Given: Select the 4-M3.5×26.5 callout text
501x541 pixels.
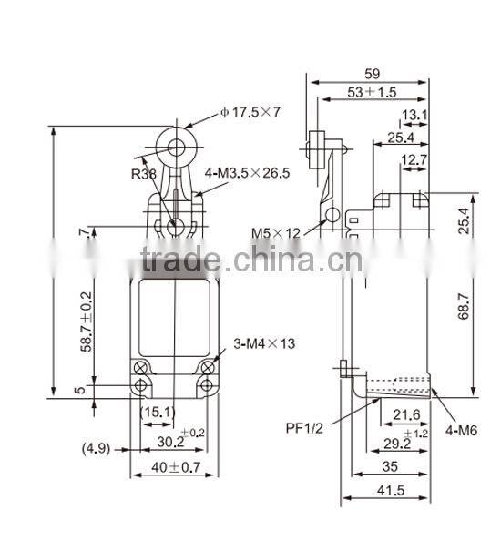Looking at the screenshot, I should click(248, 173).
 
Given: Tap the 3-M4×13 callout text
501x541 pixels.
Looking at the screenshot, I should click(265, 343).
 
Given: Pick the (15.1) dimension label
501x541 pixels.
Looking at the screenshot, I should click(158, 411).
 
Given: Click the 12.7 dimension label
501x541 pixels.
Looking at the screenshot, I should click(413, 161).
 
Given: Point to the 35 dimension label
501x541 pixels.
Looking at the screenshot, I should click(390, 466).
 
